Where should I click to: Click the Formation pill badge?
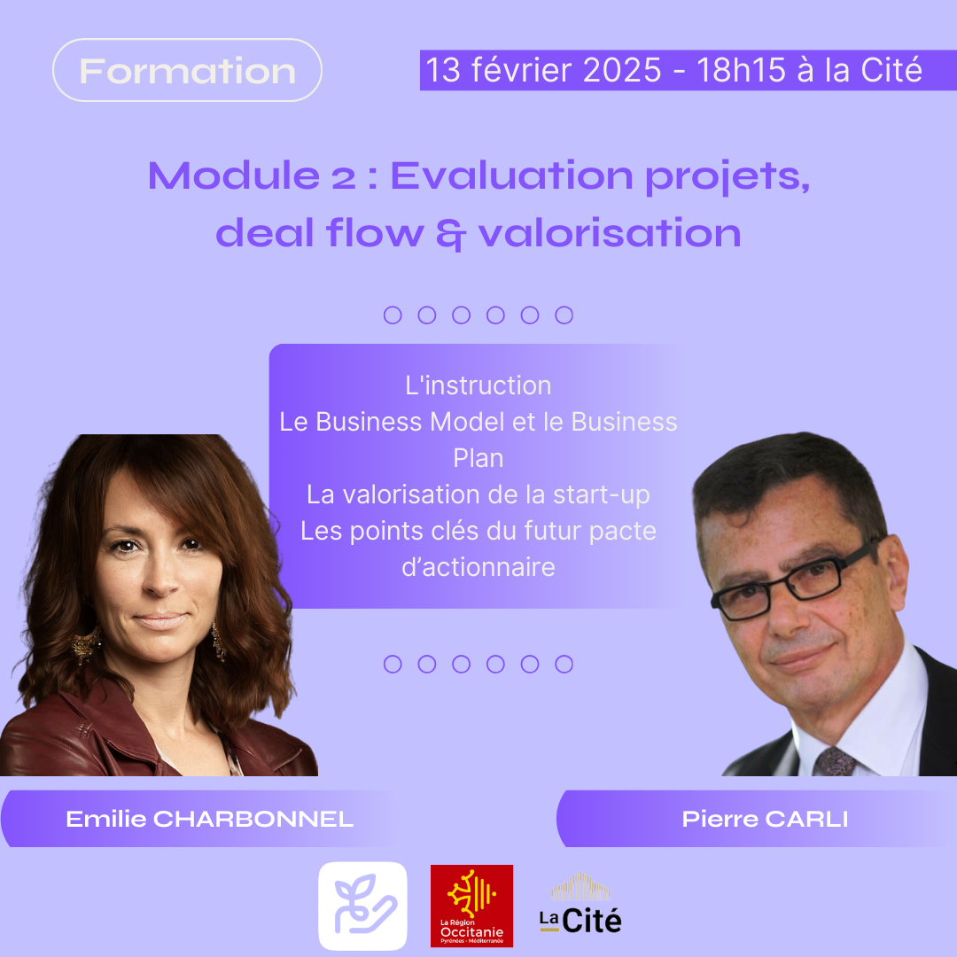pyautogui.click(x=187, y=70)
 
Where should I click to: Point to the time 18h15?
pyautogui.click(x=741, y=70)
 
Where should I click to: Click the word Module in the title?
pyautogui.click(x=234, y=175)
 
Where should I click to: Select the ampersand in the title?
pyautogui.click(x=451, y=234)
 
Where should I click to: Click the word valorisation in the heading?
pyautogui.click(x=610, y=233)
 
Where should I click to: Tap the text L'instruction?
pyautogui.click(x=478, y=385)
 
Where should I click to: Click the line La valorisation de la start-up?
pyautogui.click(x=478, y=495)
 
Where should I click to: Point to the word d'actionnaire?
pyautogui.click(x=478, y=567)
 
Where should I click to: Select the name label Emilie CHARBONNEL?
pyautogui.click(x=209, y=819)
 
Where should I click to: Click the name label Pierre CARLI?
pyautogui.click(x=765, y=819)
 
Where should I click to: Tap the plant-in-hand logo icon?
pyautogui.click(x=362, y=906)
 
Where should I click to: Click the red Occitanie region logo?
pyautogui.click(x=471, y=906)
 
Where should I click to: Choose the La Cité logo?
pyautogui.click(x=580, y=904)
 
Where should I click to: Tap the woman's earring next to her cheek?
pyautogui.click(x=218, y=641)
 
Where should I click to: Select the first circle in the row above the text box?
pyautogui.click(x=393, y=315)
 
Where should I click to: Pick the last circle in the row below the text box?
pyautogui.click(x=564, y=664)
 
